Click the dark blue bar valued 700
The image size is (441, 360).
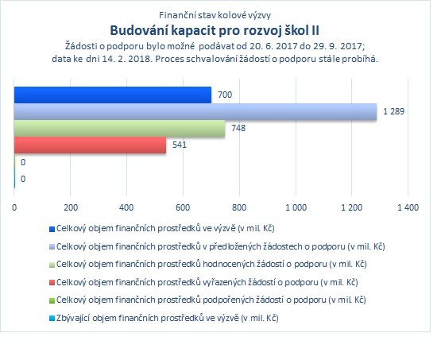[x=113, y=95]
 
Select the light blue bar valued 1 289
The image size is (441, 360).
[x=195, y=112]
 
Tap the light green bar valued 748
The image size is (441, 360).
[x=119, y=129]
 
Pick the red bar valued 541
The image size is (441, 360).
[x=90, y=145]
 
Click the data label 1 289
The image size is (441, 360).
[x=394, y=111]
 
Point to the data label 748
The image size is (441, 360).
[x=238, y=128]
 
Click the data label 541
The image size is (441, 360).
[x=180, y=145]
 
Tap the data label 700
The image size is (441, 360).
[x=225, y=95]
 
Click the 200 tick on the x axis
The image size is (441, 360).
[x=71, y=207]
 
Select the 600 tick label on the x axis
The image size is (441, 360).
[x=183, y=207]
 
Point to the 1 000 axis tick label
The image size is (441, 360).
[x=296, y=207]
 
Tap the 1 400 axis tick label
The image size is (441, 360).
[x=408, y=207]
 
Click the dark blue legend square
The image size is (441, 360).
[x=52, y=229]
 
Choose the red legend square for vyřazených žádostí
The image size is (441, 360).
[x=52, y=283]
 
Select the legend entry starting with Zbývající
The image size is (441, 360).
[x=168, y=318]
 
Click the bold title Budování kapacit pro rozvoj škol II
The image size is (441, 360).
[x=215, y=30]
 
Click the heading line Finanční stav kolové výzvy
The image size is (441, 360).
[x=215, y=15]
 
